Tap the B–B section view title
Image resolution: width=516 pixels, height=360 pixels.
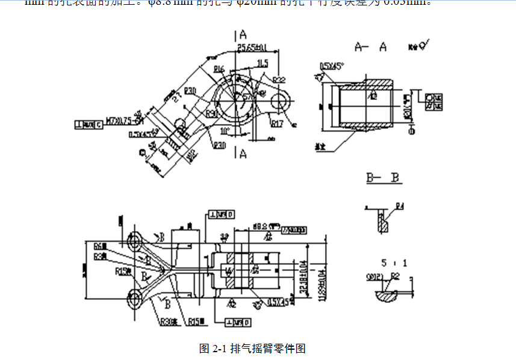tap(384, 178)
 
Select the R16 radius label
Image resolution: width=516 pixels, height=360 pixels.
tap(219, 69)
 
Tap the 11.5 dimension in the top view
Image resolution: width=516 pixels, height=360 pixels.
tap(262, 63)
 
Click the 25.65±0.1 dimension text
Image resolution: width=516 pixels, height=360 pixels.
tap(252, 47)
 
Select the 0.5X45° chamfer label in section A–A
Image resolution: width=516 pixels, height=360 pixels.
tap(332, 66)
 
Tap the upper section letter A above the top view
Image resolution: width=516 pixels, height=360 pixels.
tap(243, 34)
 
